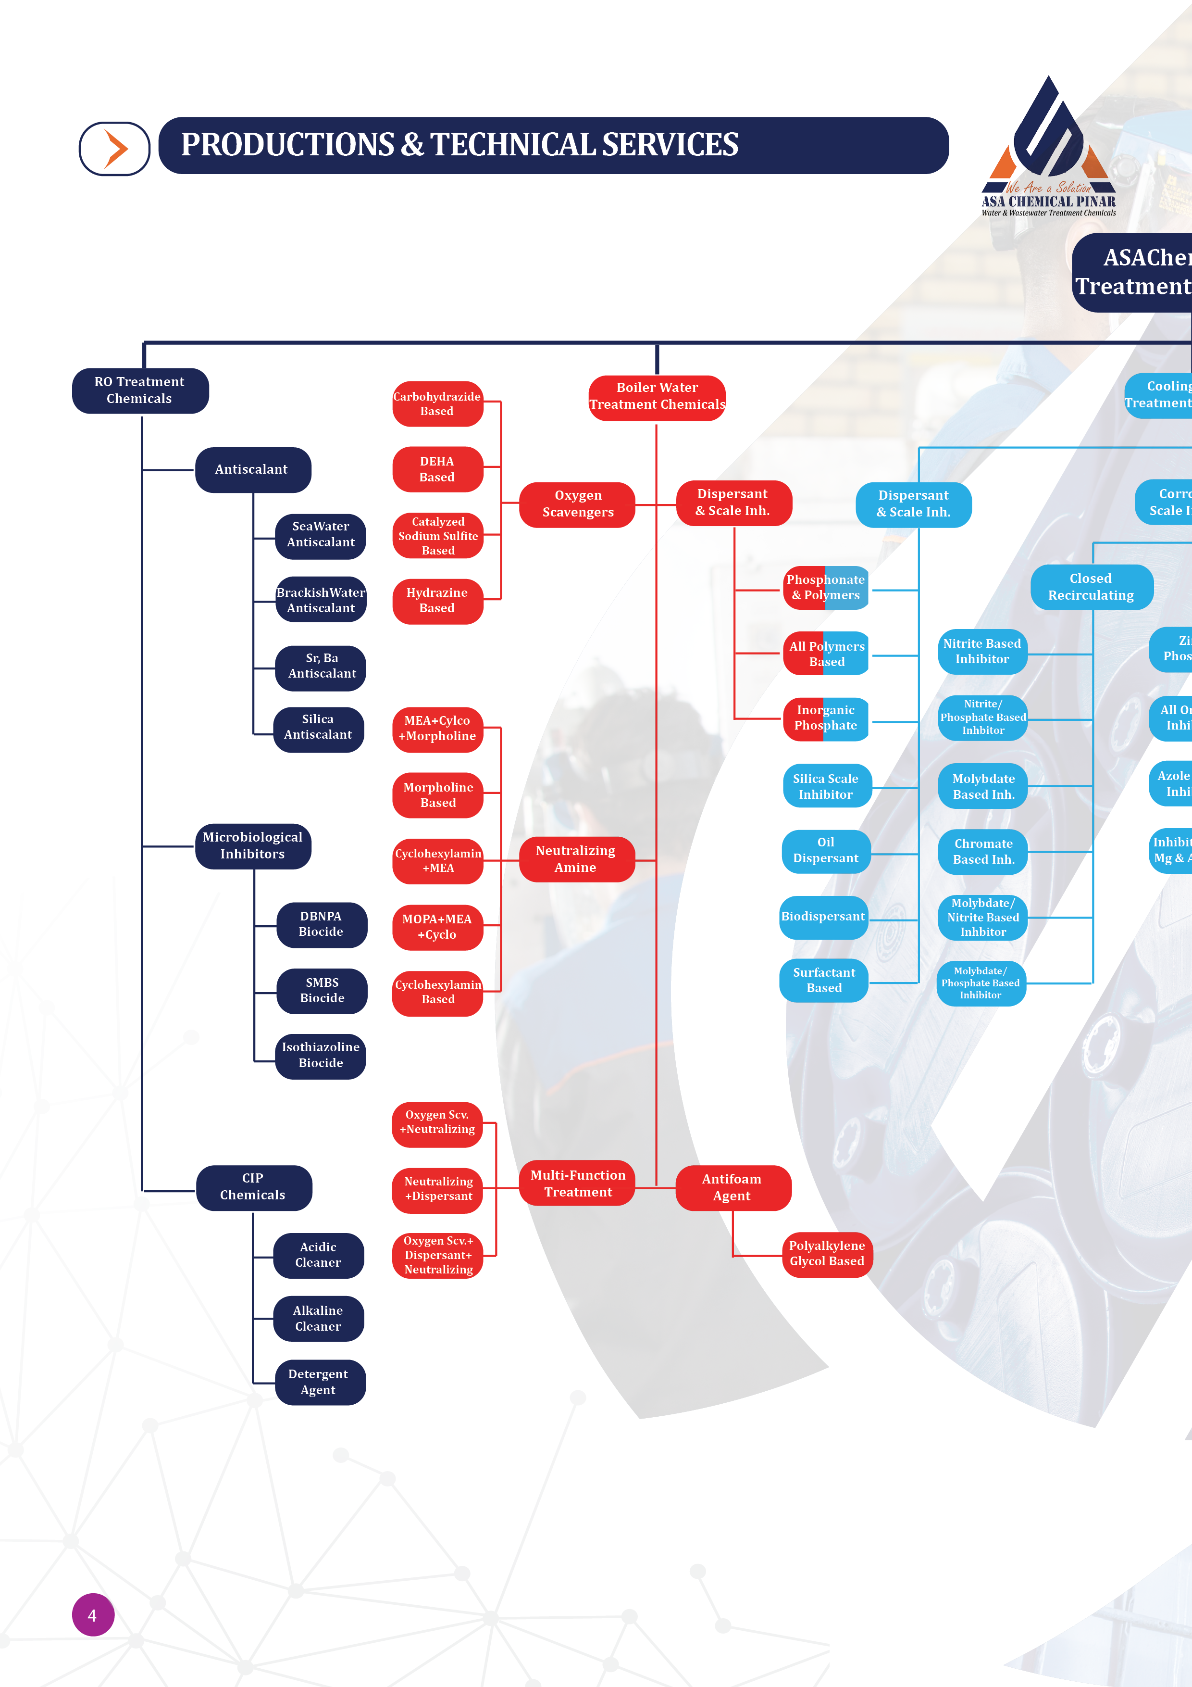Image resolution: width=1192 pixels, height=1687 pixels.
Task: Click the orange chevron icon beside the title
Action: pyautogui.click(x=115, y=149)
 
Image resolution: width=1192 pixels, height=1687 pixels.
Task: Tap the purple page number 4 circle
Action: pyautogui.click(x=93, y=1614)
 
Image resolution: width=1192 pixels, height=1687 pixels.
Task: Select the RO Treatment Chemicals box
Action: pyautogui.click(x=139, y=390)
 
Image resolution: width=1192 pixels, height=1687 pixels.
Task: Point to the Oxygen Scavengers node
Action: pyautogui.click(x=577, y=504)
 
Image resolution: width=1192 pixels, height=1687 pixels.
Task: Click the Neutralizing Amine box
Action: pyautogui.click(x=576, y=859)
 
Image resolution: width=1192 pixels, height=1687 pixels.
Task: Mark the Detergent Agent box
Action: pyautogui.click(x=319, y=1382)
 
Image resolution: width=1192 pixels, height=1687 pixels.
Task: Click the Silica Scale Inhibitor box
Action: pyautogui.click(x=826, y=786)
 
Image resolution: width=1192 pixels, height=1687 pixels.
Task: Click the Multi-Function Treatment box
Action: pyautogui.click(x=577, y=1183)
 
